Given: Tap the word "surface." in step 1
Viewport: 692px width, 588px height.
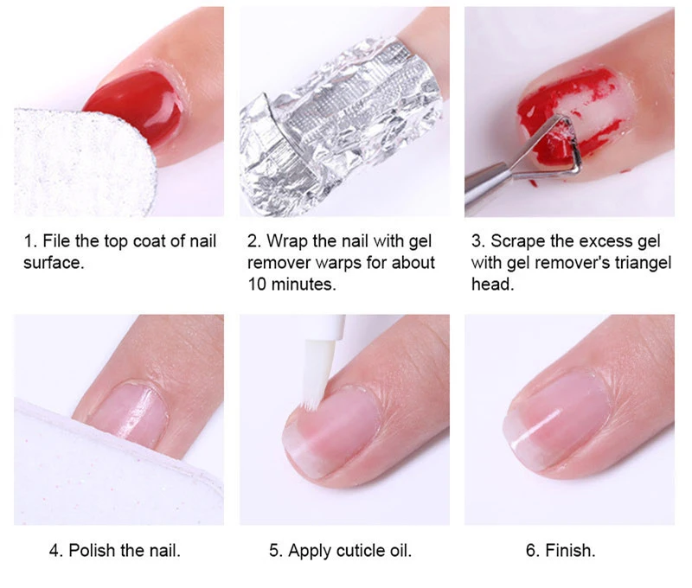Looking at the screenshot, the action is (54, 263).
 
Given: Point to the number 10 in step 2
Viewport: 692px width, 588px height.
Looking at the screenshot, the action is (257, 284).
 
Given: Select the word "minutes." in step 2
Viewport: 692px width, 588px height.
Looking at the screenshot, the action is (304, 284).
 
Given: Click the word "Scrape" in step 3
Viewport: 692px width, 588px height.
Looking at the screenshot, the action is (518, 241).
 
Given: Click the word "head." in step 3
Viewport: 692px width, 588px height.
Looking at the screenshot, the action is (493, 284).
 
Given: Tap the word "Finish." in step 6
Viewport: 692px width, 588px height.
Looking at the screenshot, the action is (570, 551).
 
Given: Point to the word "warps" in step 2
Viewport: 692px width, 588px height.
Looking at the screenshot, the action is (341, 264).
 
